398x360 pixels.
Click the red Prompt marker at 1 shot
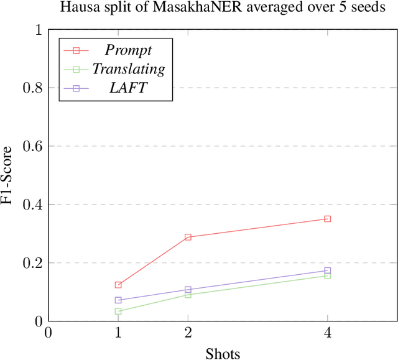point(118,285)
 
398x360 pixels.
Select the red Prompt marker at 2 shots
point(188,237)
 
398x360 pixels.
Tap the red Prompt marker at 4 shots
point(327,219)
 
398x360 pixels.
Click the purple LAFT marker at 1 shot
point(118,300)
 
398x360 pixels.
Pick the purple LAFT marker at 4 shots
point(327,270)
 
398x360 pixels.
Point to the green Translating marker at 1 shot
point(118,311)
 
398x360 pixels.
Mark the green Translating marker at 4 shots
point(327,275)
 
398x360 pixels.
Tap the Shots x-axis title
point(223,353)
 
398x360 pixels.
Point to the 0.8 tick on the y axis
point(35,88)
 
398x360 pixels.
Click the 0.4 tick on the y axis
point(35,205)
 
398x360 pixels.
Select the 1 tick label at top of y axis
point(39,30)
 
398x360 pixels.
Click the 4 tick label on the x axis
point(327,333)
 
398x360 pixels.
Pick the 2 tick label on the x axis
point(188,333)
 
